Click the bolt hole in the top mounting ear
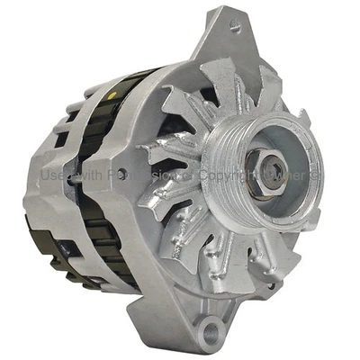237,28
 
